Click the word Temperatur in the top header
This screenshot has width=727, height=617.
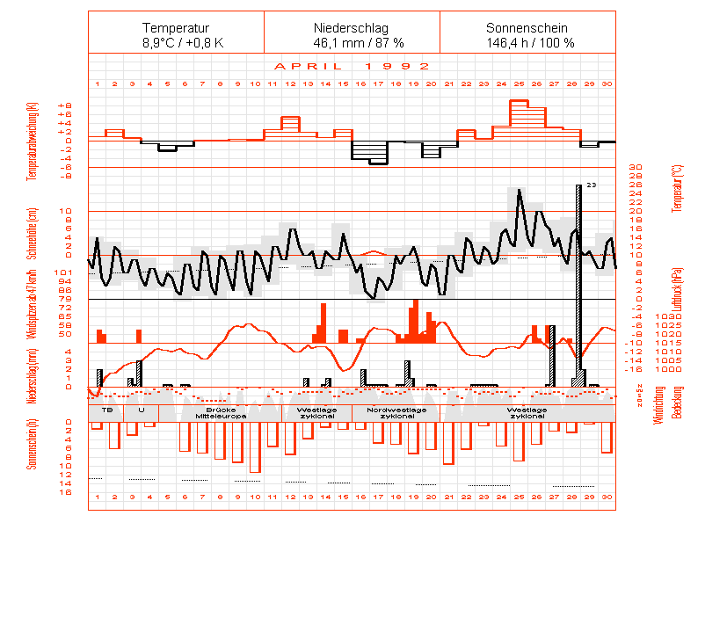pos(176,28)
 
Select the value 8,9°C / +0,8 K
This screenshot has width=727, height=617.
pos(176,42)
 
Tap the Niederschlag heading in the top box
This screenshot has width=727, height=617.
pos(352,28)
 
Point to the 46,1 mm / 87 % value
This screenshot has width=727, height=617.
pos(352,42)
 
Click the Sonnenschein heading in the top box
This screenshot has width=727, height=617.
pos(527,28)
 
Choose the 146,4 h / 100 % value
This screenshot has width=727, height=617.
pos(527,42)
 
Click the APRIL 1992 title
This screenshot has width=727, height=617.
pos(352,66)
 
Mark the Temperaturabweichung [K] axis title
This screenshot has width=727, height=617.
pos(33,141)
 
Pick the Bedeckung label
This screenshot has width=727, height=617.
pos(676,406)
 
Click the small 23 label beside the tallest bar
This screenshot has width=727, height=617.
pos(592,185)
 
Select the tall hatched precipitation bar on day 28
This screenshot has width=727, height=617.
pos(578,281)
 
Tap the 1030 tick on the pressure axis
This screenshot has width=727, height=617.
pos(643,316)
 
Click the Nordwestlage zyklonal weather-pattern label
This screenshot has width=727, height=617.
pos(397,412)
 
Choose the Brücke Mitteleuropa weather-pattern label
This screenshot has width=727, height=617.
pos(220,412)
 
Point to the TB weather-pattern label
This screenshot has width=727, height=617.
pos(107,410)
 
